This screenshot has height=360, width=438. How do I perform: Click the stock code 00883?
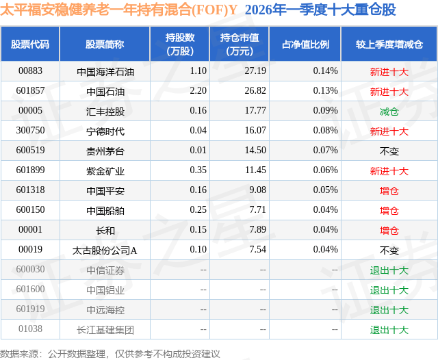tap(30, 71)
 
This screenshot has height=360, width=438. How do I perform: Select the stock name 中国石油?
tap(105, 91)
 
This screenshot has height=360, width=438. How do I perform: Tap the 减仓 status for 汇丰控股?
tap(389, 111)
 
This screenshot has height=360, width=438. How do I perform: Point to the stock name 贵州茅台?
tap(105, 151)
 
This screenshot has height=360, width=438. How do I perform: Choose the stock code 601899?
tap(30, 170)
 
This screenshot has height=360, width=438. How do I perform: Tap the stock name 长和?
tap(105, 230)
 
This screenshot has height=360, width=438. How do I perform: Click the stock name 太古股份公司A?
tap(105, 250)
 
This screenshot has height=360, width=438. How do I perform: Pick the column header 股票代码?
tap(30, 44)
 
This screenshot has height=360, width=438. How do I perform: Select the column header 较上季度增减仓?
tap(389, 44)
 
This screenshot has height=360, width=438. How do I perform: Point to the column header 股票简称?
tap(105, 44)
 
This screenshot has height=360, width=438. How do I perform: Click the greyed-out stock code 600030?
tap(30, 270)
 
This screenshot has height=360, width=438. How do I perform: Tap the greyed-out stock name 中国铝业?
tap(105, 290)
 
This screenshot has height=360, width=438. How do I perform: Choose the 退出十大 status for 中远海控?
tap(389, 309)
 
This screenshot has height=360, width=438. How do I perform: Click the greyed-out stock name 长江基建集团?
tap(105, 329)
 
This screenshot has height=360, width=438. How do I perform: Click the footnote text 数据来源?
tap(21, 353)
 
